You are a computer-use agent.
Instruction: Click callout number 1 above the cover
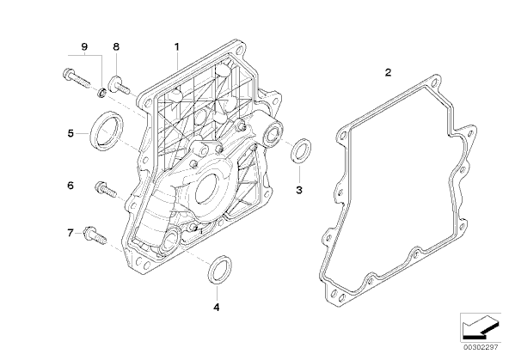pyautogui.click(x=177, y=47)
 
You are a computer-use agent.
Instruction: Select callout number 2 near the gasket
pyautogui.click(x=389, y=72)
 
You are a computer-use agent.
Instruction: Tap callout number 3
pyautogui.click(x=299, y=190)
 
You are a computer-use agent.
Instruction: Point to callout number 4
pyautogui.click(x=217, y=307)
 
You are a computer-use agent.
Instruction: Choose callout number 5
pyautogui.click(x=71, y=133)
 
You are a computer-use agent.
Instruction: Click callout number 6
pyautogui.click(x=71, y=186)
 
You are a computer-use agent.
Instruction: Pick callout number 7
pyautogui.click(x=71, y=233)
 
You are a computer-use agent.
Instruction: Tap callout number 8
pyautogui.click(x=116, y=46)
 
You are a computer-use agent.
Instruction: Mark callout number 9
pyautogui.click(x=84, y=46)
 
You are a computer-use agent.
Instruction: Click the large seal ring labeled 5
pyautogui.click(x=93, y=130)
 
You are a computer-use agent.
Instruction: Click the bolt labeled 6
pyautogui.click(x=106, y=190)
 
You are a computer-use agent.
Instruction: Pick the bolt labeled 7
pyautogui.click(x=95, y=235)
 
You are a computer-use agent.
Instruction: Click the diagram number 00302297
pyautogui.click(x=480, y=347)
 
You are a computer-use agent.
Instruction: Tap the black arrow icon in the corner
pyautogui.click(x=480, y=328)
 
